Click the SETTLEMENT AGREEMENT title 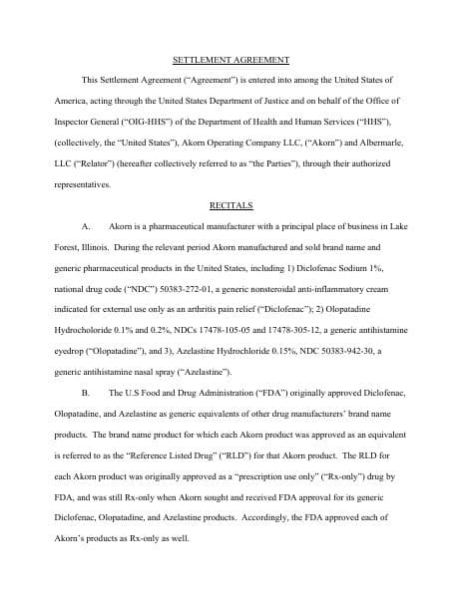click(x=231, y=60)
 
